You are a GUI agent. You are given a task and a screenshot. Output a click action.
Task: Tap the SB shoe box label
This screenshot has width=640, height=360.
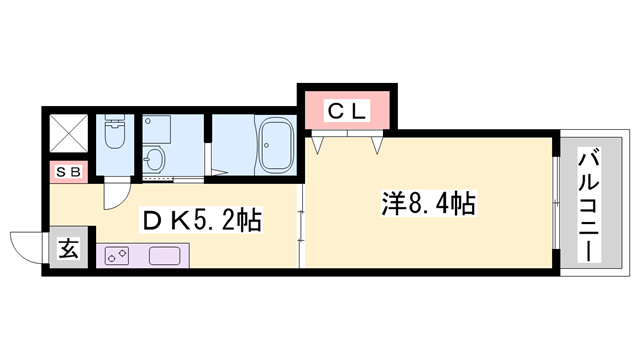pyautogui.click(x=70, y=170)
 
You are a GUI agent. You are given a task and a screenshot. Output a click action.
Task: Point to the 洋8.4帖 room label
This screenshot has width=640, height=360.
pyautogui.click(x=428, y=205)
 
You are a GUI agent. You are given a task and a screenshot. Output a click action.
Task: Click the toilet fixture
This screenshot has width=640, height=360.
pyautogui.click(x=114, y=139)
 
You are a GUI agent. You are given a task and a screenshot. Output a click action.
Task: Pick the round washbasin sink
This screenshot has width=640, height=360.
pyautogui.click(x=154, y=158)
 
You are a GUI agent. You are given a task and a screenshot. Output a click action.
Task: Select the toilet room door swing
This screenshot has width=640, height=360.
pyautogui.click(x=119, y=190)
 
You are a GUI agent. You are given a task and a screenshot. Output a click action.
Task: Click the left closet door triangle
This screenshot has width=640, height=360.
pyautogui.click(x=319, y=146)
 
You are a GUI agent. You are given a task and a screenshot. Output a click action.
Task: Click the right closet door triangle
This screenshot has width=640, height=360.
pyautogui.click(x=377, y=146)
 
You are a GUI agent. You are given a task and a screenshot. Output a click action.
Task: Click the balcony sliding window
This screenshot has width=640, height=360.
pyautogui.click(x=555, y=205)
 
